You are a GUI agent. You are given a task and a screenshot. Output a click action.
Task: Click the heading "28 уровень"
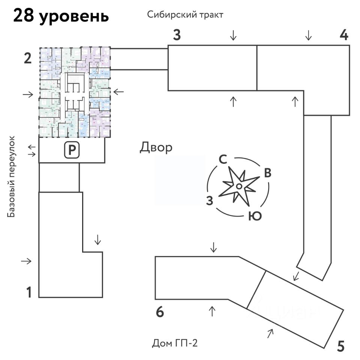click(x=61, y=16)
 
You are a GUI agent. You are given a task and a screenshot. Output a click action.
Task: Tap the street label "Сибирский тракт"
click(x=185, y=15)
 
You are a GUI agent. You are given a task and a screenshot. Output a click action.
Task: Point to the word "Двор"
click(x=156, y=147)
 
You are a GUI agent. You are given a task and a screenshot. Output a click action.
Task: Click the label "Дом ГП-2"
click(x=175, y=343)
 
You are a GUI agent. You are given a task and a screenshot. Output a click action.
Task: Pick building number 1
click(x=28, y=292)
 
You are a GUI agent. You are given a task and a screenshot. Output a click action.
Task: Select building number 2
click(x=27, y=59)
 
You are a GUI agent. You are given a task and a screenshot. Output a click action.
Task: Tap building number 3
click(x=177, y=36)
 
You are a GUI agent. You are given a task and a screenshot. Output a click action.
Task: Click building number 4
click(x=344, y=36)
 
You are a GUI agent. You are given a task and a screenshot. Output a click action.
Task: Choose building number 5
click(x=340, y=346)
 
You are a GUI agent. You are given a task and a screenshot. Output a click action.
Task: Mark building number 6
click(x=160, y=312)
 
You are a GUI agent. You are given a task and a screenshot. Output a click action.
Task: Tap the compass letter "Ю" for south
click(x=255, y=216)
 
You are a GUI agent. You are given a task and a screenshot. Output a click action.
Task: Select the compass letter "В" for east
click(x=267, y=173)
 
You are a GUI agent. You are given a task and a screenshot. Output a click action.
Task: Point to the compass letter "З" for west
click(x=210, y=201)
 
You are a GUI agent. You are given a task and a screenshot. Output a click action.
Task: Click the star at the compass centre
click(x=239, y=186)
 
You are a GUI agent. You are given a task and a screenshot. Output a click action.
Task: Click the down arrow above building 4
click(x=308, y=36)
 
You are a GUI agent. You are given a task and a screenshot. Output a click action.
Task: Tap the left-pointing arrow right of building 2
click(x=118, y=91)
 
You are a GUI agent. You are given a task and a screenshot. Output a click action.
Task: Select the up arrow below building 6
click(x=212, y=311)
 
